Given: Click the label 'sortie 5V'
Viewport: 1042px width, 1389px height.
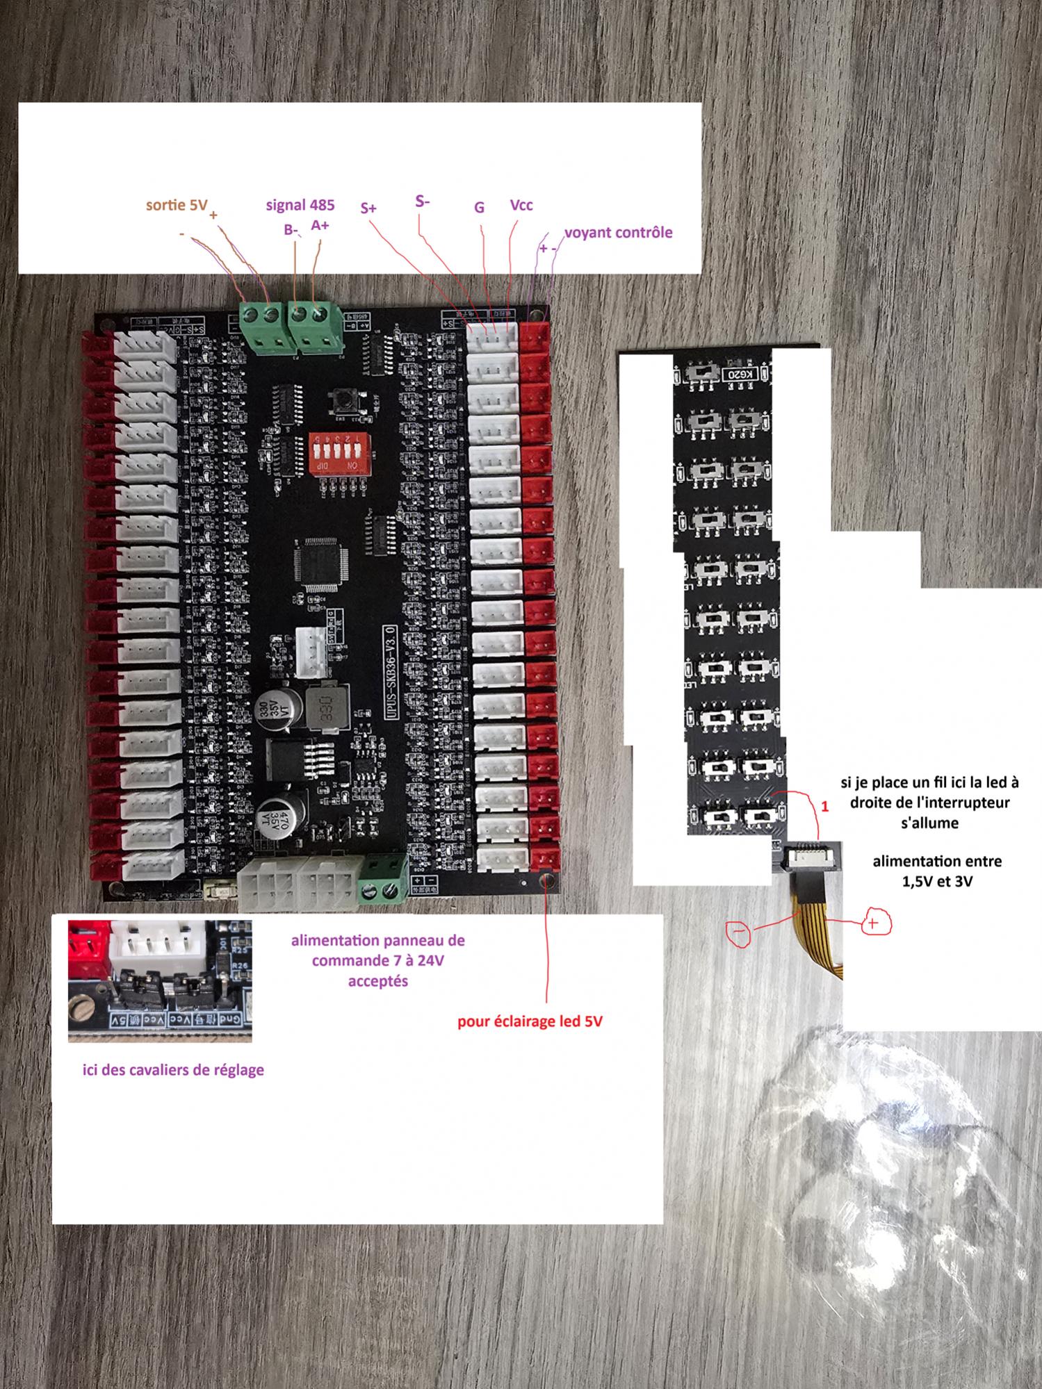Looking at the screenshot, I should pyautogui.click(x=177, y=205).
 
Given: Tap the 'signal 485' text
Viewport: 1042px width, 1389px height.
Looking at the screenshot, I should pyautogui.click(x=300, y=205).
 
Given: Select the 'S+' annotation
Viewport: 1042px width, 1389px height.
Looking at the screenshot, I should pyautogui.click(x=368, y=208).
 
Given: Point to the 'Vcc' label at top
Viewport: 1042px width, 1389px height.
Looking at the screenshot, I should pyautogui.click(x=521, y=205).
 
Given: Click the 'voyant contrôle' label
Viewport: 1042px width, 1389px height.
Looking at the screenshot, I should pyautogui.click(x=618, y=232).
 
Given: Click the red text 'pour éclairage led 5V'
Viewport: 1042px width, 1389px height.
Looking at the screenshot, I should pyautogui.click(x=530, y=1021).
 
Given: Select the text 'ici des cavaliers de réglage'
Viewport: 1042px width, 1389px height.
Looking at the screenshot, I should pyautogui.click(x=173, y=1069).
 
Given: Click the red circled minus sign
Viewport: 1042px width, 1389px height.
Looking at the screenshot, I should pyautogui.click(x=738, y=932).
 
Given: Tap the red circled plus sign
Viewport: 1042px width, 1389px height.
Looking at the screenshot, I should pyautogui.click(x=876, y=923).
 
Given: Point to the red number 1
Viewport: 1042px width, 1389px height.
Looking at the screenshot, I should pyautogui.click(x=825, y=807).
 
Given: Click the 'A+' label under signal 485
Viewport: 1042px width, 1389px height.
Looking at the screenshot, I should pyautogui.click(x=320, y=225).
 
